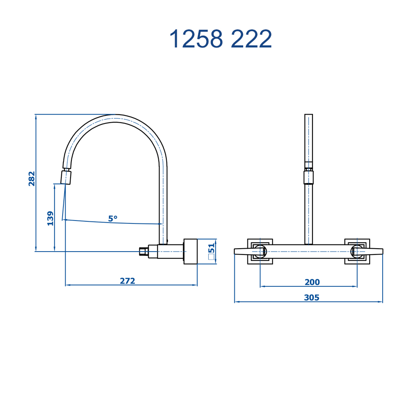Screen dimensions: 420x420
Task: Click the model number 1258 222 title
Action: point(220,39)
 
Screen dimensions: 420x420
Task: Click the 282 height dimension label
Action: point(31,178)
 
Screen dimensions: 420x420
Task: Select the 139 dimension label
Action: point(50,218)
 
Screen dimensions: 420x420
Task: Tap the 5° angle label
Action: point(113,218)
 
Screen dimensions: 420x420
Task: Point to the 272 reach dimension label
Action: point(128,281)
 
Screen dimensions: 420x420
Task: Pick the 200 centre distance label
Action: point(312,282)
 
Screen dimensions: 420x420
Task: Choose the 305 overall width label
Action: point(312,298)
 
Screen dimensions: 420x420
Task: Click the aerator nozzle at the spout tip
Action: point(66,177)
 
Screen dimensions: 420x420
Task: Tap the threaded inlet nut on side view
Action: point(144,252)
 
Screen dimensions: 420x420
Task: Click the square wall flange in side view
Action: point(190,252)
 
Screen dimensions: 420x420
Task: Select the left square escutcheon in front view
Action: point(260,252)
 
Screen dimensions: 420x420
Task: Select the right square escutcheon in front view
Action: point(357,252)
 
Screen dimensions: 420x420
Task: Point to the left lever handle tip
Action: point(235,252)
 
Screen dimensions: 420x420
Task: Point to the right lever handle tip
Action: point(382,252)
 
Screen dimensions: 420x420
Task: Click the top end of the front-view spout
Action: point(309,115)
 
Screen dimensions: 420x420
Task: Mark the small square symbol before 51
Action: point(212,257)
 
